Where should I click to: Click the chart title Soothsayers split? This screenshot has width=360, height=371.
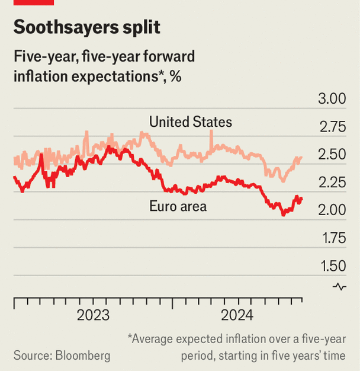tap(86, 27)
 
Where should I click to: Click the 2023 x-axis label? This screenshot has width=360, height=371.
tap(93, 315)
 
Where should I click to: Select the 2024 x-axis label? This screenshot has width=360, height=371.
tap(237, 315)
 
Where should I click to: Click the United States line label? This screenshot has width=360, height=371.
tap(191, 122)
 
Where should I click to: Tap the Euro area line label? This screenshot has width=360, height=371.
tap(178, 206)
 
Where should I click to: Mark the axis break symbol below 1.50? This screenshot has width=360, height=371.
tap(339, 287)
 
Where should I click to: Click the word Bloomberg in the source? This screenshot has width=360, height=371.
tap(83, 356)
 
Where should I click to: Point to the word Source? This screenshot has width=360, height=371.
tap(32, 356)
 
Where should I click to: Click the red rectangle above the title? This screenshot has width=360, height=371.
tap(34, 2)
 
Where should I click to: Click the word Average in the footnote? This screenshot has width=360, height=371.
tap(155, 339)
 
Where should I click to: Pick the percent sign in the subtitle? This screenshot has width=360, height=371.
tap(175, 76)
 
